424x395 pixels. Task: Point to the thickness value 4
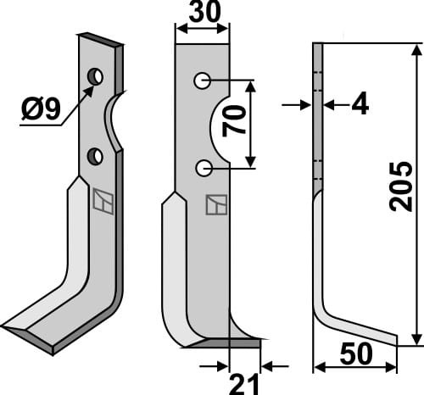tap(359, 105)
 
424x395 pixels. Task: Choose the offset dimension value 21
tap(245, 383)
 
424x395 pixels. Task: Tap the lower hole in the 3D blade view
tap(95, 156)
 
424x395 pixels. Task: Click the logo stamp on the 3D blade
tap(103, 202)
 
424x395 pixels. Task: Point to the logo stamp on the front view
tap(215, 206)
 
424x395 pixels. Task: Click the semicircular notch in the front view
tap(218, 125)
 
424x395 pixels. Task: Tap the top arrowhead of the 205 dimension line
tap(416, 51)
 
